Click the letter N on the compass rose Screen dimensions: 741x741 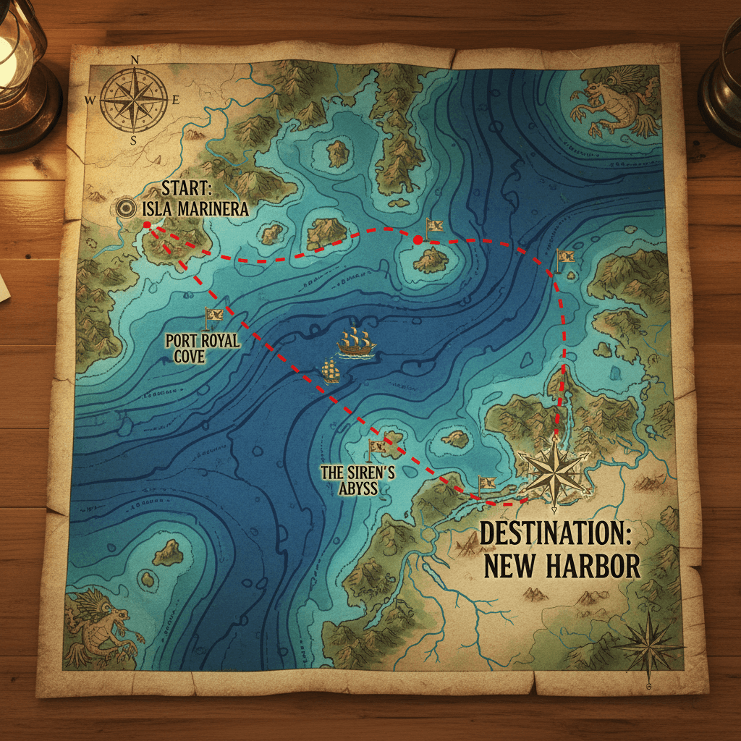click(x=134, y=59)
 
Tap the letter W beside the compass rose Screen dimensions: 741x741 click(x=90, y=100)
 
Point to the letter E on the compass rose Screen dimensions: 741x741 click(x=176, y=100)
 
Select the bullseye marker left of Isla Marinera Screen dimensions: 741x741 click(x=126, y=208)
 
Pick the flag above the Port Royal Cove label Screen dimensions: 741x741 click(x=214, y=317)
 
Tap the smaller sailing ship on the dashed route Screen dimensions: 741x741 click(x=331, y=370)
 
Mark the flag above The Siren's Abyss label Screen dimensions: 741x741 click(x=376, y=449)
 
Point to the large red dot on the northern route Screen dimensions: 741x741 click(x=418, y=240)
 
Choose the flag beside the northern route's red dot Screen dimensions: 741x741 click(x=434, y=226)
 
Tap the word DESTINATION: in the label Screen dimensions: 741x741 click(x=556, y=534)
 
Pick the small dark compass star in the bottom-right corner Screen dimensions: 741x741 click(x=649, y=644)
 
